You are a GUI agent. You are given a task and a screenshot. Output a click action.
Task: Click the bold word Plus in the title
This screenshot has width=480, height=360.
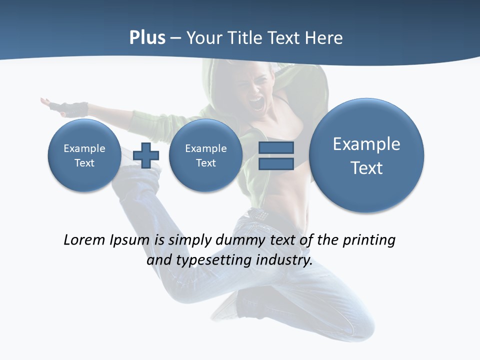(x=147, y=38)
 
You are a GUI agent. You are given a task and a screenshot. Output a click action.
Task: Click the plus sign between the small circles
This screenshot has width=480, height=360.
(x=146, y=155)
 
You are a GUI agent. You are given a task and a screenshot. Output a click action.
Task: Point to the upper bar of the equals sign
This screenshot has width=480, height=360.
(x=276, y=148)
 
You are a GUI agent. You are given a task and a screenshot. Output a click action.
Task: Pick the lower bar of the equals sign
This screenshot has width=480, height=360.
(x=276, y=163)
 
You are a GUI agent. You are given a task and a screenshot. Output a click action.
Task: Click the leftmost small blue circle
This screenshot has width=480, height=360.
(x=84, y=155)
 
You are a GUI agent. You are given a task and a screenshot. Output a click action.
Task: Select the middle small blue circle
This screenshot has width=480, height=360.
(x=205, y=155)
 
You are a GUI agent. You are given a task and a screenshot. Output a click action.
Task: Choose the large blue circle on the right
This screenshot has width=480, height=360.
(x=366, y=155)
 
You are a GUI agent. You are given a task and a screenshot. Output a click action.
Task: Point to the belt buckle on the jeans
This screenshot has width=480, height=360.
(x=258, y=214)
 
